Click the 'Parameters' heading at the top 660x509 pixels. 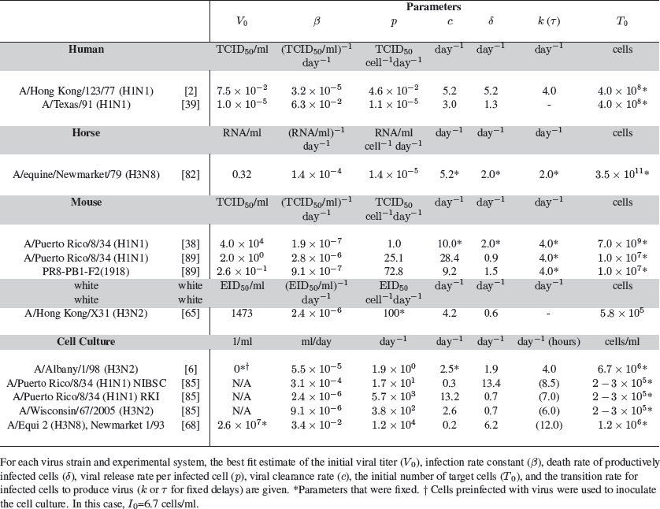point(434,6)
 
